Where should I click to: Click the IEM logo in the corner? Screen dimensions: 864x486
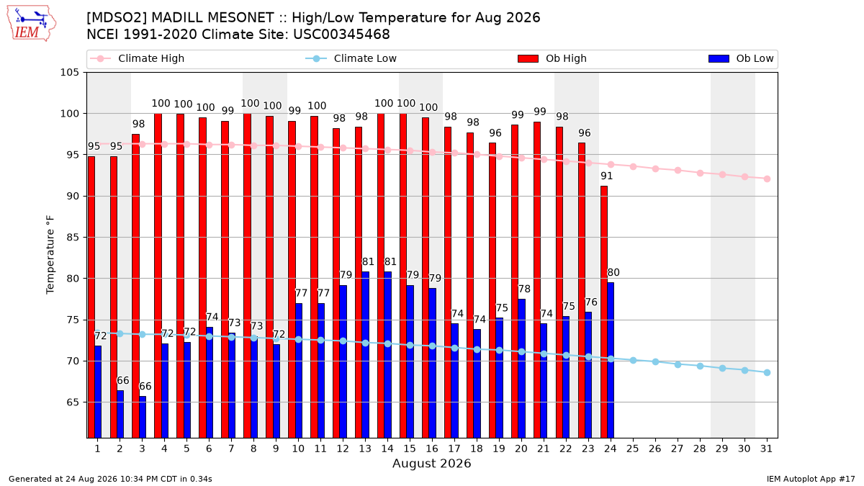[x=31, y=24]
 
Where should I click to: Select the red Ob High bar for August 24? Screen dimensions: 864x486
[x=604, y=312]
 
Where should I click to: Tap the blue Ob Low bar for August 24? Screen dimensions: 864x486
[x=611, y=360]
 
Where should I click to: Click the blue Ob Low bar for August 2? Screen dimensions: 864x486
[x=120, y=414]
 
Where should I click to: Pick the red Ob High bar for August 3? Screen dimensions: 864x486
[x=136, y=286]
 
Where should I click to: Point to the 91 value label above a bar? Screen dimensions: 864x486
[x=607, y=176]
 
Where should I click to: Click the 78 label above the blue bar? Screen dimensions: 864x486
[x=524, y=289]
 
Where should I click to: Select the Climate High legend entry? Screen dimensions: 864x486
[x=138, y=58]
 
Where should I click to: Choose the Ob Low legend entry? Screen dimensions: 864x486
[x=741, y=58]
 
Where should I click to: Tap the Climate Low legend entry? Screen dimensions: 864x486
[x=351, y=58]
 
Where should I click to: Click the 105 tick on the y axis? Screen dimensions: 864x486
[x=69, y=73]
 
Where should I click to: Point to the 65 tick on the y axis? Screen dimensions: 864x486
[x=73, y=402]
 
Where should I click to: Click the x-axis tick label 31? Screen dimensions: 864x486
[x=766, y=449]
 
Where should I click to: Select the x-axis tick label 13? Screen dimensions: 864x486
[x=365, y=449]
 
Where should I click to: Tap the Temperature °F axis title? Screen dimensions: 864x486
[x=50, y=255]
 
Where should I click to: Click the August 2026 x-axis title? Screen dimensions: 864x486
[x=431, y=463]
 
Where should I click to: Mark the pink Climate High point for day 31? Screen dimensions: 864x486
[x=767, y=179]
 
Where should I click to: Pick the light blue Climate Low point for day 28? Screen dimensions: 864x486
[x=700, y=366]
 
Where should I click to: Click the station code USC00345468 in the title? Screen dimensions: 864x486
[x=341, y=35]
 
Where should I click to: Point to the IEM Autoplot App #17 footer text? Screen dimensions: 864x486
[x=811, y=479]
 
